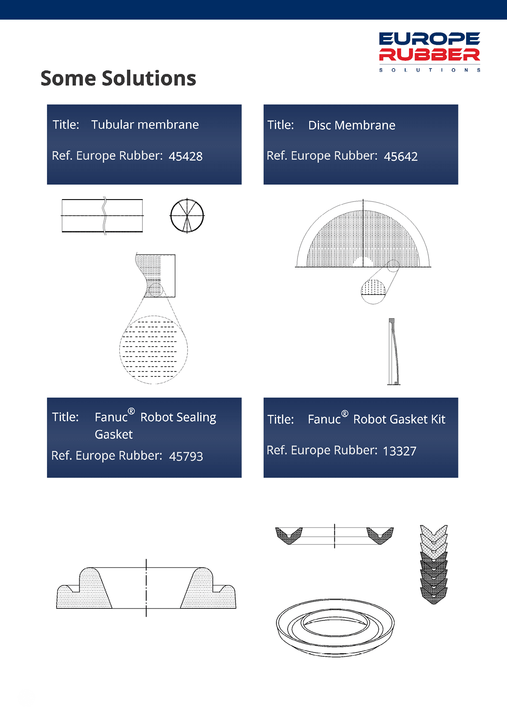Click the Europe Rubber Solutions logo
(x=429, y=52)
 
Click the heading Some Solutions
(x=118, y=78)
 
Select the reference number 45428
(x=185, y=156)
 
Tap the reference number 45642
(x=400, y=156)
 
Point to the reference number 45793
(x=186, y=456)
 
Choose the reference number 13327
(x=400, y=451)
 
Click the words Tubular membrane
(x=145, y=125)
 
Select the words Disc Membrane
(x=351, y=125)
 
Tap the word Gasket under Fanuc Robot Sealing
(x=113, y=435)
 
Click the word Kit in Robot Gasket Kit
(x=438, y=419)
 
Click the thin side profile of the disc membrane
(x=394, y=351)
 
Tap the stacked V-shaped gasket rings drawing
(x=434, y=564)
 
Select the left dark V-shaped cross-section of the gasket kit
(x=289, y=536)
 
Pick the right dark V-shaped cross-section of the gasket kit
(x=380, y=536)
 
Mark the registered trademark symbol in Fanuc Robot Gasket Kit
(x=345, y=414)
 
